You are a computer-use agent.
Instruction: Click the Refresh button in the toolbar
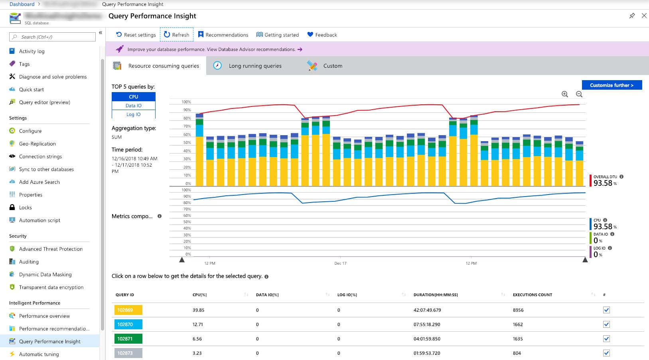coord(176,35)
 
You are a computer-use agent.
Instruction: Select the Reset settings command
coord(136,35)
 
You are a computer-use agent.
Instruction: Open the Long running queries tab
coord(255,66)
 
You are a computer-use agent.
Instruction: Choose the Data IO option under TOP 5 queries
coord(133,106)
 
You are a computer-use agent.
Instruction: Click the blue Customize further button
coord(612,85)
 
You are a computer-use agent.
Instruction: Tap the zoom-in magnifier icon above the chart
coord(564,94)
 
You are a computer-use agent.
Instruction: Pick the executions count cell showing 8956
coord(518,310)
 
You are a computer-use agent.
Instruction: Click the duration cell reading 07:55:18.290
coord(426,325)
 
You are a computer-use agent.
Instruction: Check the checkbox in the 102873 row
coord(606,353)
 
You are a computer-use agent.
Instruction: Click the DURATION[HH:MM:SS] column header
coord(435,295)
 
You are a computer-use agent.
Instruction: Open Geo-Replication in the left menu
coord(37,144)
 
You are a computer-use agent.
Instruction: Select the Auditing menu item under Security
coord(29,262)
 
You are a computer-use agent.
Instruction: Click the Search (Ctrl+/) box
coord(52,37)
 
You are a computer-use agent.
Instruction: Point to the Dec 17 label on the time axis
coord(340,264)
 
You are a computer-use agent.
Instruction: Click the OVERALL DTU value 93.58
coord(603,183)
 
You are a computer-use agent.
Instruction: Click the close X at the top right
coord(644,16)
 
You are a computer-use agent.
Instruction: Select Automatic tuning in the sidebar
coord(39,354)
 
